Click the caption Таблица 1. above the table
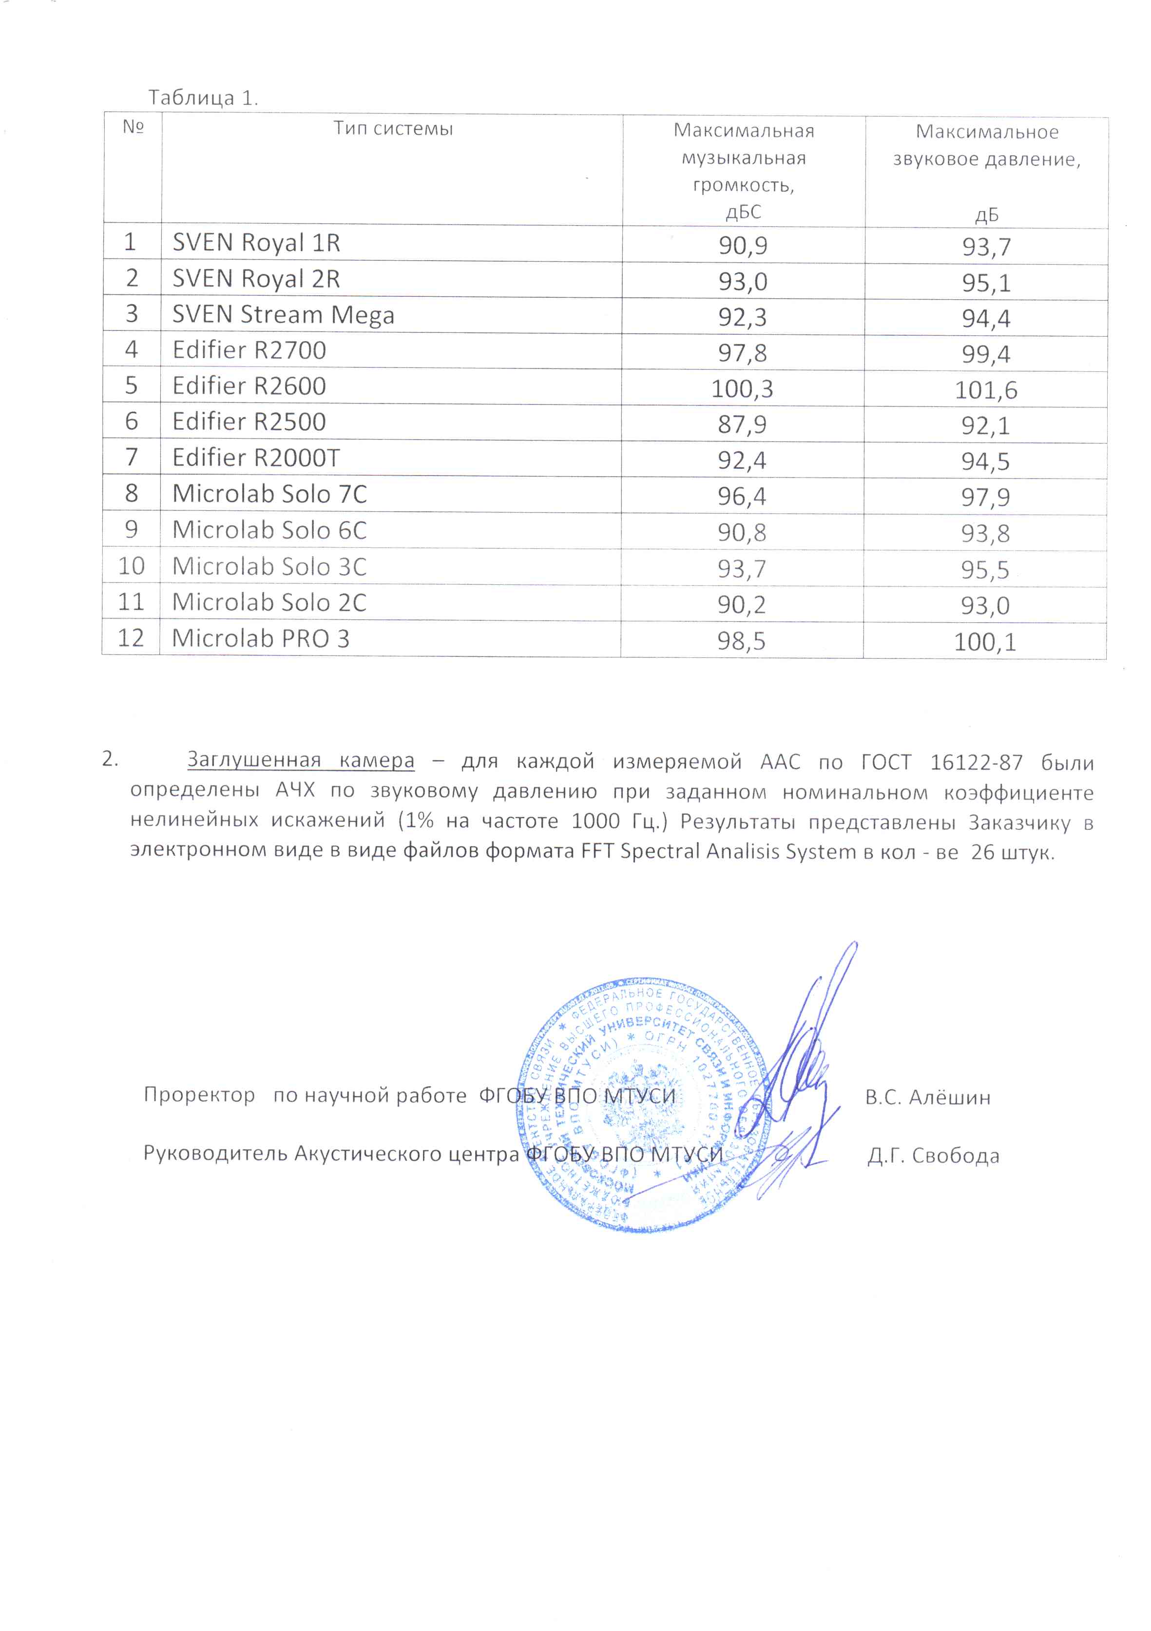click(203, 97)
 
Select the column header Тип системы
click(393, 129)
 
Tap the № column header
click(133, 127)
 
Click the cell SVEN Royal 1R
click(256, 243)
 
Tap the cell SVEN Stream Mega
click(283, 315)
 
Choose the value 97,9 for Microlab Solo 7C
click(985, 497)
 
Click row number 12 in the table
click(131, 638)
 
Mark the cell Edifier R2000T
click(256, 458)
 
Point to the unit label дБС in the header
click(743, 211)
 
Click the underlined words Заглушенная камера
click(301, 760)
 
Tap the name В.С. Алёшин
click(927, 1097)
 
